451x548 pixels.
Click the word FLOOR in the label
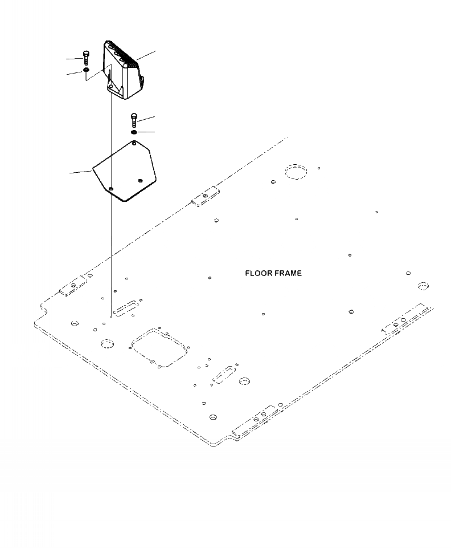(x=257, y=273)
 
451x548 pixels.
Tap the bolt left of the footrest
(x=85, y=57)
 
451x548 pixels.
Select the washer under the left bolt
(x=85, y=70)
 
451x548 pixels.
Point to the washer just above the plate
(x=134, y=133)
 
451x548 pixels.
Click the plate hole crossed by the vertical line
(x=112, y=188)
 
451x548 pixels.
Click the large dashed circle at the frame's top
(x=296, y=172)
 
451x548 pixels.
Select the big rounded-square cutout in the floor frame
(x=159, y=347)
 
